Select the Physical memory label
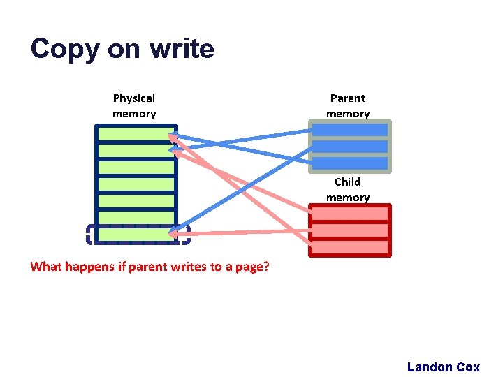(x=134, y=105)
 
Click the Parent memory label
(x=348, y=105)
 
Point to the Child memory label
(x=348, y=189)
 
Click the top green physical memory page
(x=136, y=134)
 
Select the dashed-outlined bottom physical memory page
(x=136, y=235)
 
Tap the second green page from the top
(x=136, y=151)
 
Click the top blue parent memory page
(x=349, y=130)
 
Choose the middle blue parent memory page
(x=349, y=147)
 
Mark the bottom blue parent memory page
(x=349, y=163)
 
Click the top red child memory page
(x=349, y=214)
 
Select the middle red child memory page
(x=349, y=230)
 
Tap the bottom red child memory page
(x=349, y=247)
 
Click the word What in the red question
(x=48, y=267)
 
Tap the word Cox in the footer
(x=468, y=367)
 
